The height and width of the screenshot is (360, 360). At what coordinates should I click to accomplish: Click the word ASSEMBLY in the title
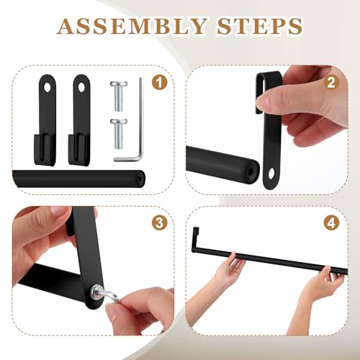(x=132, y=26)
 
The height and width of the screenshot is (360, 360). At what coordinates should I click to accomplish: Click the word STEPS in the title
(x=260, y=26)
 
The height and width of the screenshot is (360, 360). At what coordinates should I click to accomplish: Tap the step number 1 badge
(x=159, y=83)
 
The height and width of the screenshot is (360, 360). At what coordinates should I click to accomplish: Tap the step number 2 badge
(x=331, y=83)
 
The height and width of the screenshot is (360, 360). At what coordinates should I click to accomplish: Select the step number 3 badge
(x=159, y=223)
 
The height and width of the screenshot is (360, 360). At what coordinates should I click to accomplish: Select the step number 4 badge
(x=331, y=223)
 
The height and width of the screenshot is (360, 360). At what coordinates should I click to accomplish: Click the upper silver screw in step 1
(x=119, y=96)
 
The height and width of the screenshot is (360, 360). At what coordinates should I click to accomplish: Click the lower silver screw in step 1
(x=119, y=134)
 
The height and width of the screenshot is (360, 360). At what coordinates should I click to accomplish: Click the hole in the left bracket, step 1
(x=48, y=88)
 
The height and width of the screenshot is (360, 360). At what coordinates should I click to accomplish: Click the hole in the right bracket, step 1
(x=81, y=88)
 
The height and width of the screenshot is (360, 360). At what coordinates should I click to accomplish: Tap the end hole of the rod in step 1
(x=141, y=179)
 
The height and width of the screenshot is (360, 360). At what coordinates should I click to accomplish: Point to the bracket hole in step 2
(x=271, y=174)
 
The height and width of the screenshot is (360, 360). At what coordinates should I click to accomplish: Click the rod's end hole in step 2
(x=251, y=172)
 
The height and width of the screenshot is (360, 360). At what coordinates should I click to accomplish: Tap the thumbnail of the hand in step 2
(x=262, y=102)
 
